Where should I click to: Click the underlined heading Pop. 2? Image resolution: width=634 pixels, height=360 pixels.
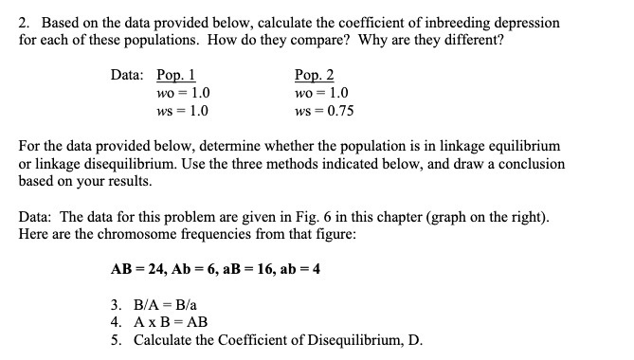click(x=315, y=77)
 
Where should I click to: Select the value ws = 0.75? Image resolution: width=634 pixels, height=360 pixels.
click(x=324, y=111)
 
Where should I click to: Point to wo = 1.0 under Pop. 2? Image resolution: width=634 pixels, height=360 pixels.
click(x=321, y=94)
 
